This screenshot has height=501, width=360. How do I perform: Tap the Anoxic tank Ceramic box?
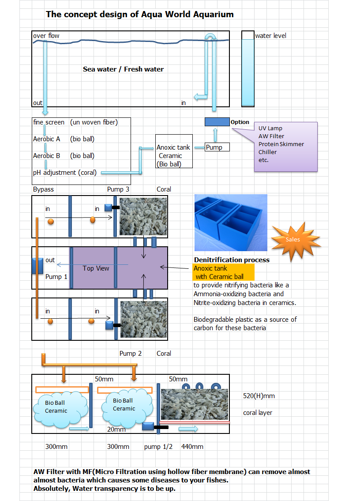pyautogui.click(x=174, y=151)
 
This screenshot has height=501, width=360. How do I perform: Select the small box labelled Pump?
pyautogui.click(x=217, y=147)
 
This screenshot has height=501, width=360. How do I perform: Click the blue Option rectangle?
pyautogui.click(x=217, y=122)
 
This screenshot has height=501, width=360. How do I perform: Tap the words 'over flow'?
pyautogui.click(x=46, y=36)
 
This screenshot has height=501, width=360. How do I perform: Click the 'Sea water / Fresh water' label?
pyautogui.click(x=123, y=69)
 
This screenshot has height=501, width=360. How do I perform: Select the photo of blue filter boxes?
pyautogui.click(x=231, y=222)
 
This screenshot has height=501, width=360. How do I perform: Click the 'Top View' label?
pyautogui.click(x=96, y=268)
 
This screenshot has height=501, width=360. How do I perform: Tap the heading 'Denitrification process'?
pyautogui.click(x=232, y=260)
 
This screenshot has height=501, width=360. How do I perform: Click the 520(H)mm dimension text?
pyautogui.click(x=259, y=396)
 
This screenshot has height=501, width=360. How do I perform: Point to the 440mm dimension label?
pyautogui.click(x=192, y=447)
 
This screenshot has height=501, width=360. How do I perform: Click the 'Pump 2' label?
pyautogui.click(x=131, y=354)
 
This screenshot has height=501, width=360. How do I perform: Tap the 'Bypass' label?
pyautogui.click(x=43, y=189)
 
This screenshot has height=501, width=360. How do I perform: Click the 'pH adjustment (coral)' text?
pyautogui.click(x=65, y=173)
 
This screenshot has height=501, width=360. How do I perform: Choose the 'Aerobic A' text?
pyautogui.click(x=47, y=139)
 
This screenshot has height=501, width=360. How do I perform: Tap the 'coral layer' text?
pyautogui.click(x=258, y=413)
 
